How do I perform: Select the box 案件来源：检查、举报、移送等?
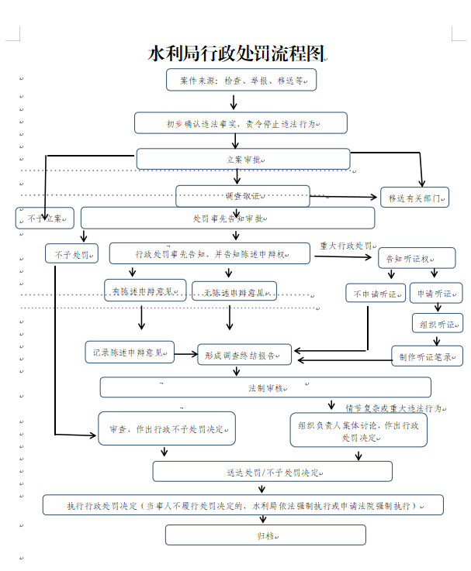(x=241, y=80)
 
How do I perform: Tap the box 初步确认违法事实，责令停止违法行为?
(x=241, y=122)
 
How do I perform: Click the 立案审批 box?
(x=243, y=159)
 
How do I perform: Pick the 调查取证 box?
(x=242, y=195)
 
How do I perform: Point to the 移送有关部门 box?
(x=414, y=198)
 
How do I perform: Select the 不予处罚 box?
(x=72, y=253)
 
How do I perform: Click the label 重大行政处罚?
(x=347, y=246)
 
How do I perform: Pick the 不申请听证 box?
(x=376, y=293)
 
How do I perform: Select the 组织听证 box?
(x=436, y=323)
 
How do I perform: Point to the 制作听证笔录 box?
(x=426, y=356)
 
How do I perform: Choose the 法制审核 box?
(x=265, y=387)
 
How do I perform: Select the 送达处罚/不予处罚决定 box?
(x=272, y=471)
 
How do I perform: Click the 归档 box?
(x=265, y=535)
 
